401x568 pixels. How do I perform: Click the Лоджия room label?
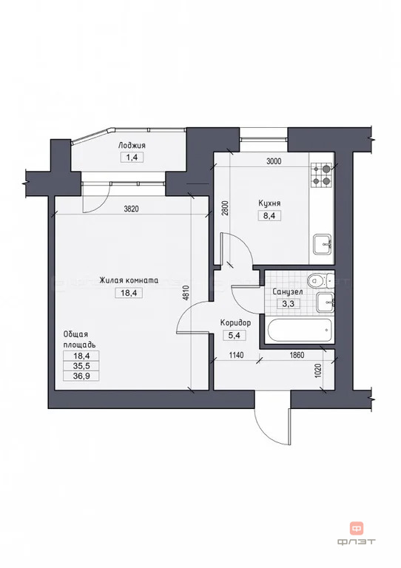132,146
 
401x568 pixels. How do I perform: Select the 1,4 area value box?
132,158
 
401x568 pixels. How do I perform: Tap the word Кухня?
269,203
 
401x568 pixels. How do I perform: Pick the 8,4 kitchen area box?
269,215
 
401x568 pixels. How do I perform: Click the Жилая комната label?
129,280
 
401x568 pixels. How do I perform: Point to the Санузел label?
288,291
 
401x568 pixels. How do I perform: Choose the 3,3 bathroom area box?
288,303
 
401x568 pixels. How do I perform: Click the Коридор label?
235,322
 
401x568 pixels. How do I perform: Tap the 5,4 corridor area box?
234,335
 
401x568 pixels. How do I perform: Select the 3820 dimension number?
131,209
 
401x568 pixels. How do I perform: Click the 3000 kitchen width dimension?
274,161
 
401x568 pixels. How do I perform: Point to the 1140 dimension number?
236,355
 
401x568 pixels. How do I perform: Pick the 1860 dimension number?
297,355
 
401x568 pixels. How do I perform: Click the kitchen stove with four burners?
321,175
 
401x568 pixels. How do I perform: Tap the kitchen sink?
322,245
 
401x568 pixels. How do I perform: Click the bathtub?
300,330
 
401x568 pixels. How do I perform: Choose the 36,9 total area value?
81,376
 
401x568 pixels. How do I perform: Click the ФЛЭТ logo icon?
357,529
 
